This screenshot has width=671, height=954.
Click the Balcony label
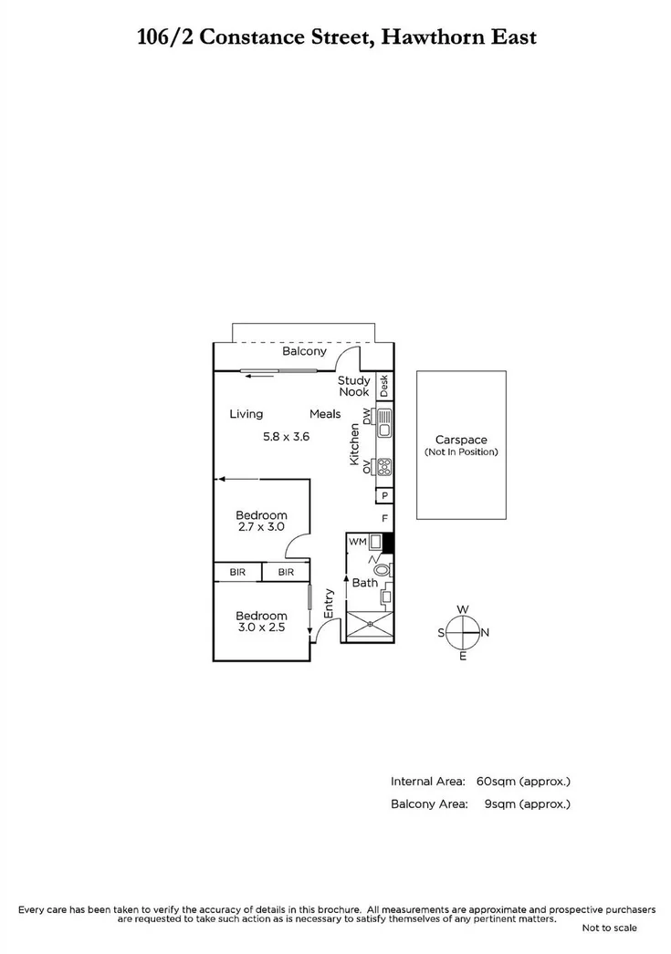point(304,351)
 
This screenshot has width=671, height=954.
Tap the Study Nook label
point(353,386)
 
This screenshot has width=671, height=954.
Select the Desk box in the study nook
point(384,386)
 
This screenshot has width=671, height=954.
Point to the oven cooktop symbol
point(384,467)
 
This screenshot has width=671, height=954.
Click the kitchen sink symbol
point(384,422)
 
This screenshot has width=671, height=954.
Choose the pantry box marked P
point(384,496)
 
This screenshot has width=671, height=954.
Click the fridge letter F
point(385,519)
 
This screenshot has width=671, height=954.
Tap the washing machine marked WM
point(357,542)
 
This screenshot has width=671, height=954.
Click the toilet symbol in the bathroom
point(382,568)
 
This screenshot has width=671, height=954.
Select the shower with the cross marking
point(370,624)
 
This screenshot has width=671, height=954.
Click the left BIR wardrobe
point(237,572)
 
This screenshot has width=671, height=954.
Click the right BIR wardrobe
point(286,572)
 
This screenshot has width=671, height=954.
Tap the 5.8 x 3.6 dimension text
point(286,437)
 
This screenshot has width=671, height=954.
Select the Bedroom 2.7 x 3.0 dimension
point(261,526)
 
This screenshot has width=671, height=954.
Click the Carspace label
point(461,439)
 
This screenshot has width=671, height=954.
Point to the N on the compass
point(485,632)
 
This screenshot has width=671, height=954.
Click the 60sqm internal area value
point(498,782)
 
